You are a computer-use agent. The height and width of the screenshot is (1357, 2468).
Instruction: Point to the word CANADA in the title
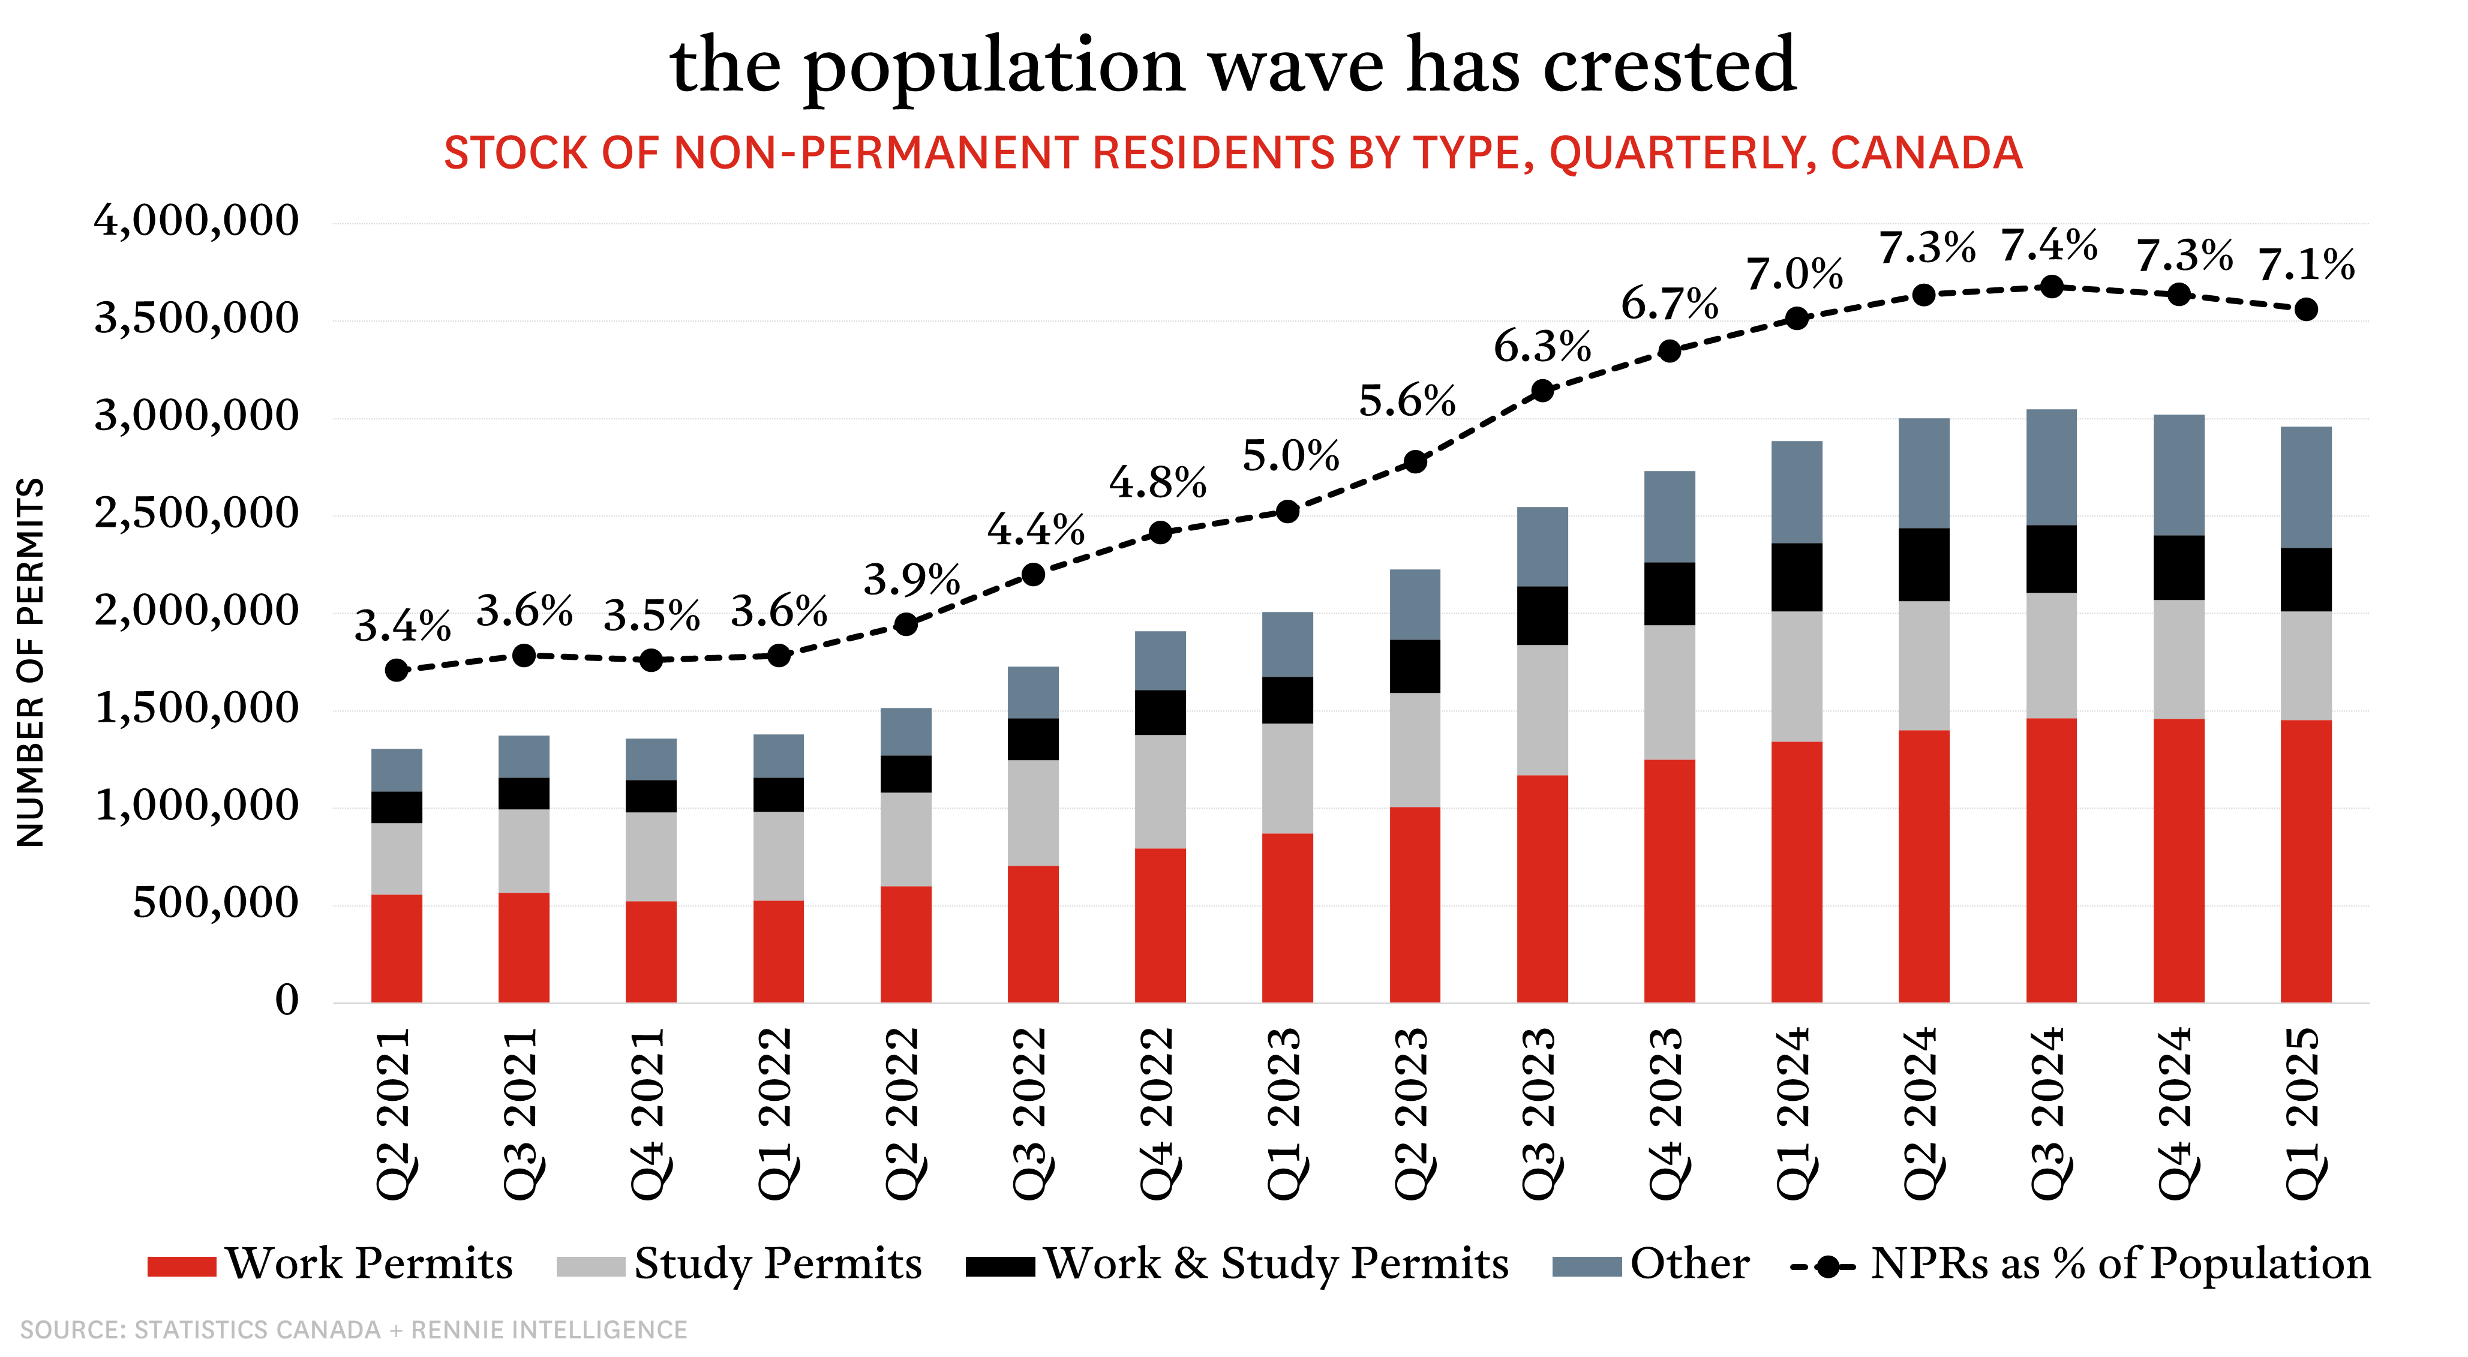coord(1926,154)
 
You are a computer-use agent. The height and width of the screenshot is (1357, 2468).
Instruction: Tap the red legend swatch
coord(182,1266)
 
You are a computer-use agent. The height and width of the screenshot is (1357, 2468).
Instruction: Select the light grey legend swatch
coord(591,1266)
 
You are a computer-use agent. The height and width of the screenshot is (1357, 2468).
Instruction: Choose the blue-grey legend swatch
coord(1587,1266)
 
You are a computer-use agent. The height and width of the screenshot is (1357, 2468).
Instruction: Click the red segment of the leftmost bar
coord(397,948)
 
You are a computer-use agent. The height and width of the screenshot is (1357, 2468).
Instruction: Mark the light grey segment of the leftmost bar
coord(397,858)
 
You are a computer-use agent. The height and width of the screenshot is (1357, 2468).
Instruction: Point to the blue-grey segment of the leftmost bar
coord(397,770)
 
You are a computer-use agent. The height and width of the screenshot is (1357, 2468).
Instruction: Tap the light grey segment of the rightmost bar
coord(2306,665)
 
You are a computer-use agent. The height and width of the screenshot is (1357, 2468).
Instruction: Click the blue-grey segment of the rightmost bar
coord(2306,487)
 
